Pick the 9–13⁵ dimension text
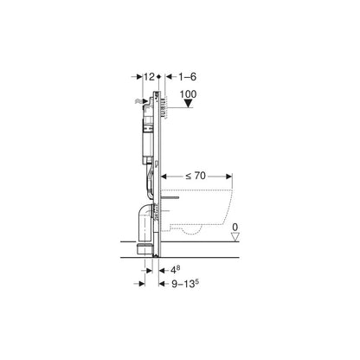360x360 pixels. [x=183, y=283]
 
